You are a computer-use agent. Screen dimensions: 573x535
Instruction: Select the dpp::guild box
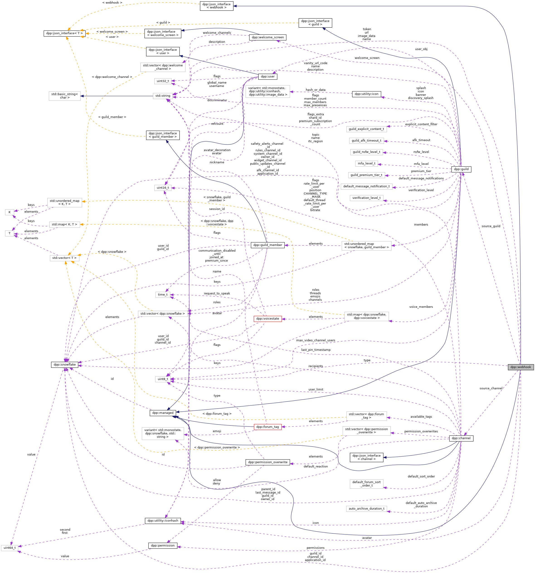pos(461,169)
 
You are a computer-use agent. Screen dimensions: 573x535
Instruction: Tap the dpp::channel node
pos(461,438)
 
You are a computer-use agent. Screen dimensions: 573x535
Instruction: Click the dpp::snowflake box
pos(65,365)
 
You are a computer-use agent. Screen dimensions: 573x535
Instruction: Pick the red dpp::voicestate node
pos(267,318)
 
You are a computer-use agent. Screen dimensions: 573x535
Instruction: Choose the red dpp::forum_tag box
pos(267,427)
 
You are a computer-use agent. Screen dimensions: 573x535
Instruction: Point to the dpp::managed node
pos(163,413)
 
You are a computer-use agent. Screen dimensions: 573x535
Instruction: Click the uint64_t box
pos(10,548)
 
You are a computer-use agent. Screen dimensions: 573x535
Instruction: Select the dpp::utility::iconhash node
pos(163,520)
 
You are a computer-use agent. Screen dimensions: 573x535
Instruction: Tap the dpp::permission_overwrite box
pos(267,462)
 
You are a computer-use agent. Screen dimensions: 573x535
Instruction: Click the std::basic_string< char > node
pos(65,96)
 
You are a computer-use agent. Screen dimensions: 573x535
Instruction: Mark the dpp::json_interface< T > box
pos(64,34)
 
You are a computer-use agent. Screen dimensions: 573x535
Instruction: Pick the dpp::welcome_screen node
pos(267,37)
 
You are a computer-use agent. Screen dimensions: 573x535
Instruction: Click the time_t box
pos(163,295)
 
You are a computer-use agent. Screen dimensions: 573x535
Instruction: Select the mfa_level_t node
pos(367,164)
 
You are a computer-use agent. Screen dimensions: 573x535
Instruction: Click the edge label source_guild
pos(491,226)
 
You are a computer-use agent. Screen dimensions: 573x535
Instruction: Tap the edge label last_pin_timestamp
pos(316,350)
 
